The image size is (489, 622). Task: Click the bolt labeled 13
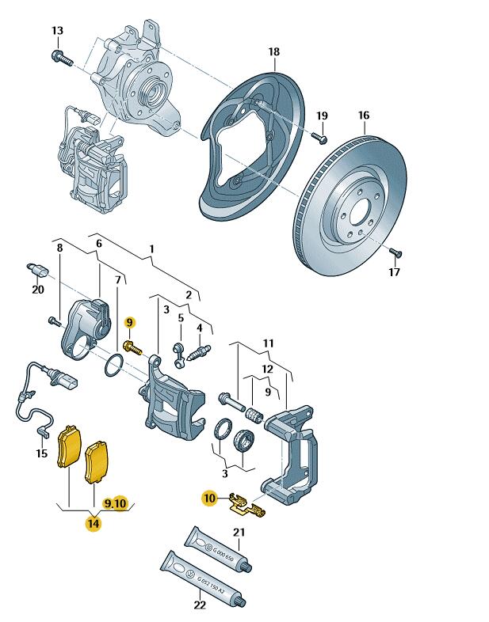click(61, 56)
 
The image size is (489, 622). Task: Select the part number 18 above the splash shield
click(273, 52)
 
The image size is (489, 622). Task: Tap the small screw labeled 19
click(318, 138)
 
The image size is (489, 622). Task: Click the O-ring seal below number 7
click(113, 366)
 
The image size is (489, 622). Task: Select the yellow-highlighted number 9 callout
click(130, 322)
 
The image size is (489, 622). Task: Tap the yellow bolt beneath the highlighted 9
click(132, 347)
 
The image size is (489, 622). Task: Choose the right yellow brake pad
click(97, 461)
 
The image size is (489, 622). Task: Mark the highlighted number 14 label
click(94, 522)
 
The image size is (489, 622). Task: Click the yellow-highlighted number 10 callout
click(209, 499)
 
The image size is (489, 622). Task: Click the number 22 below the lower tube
click(200, 605)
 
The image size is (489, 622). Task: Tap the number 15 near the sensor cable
click(42, 453)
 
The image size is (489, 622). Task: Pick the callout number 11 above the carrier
click(268, 343)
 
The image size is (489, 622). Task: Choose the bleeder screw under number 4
click(201, 349)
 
